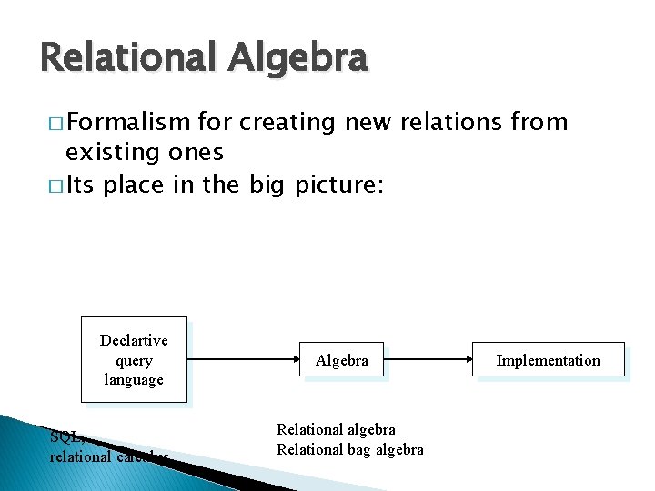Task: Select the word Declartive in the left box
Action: tap(134, 340)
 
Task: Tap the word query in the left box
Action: tap(134, 360)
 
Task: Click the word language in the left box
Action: tap(134, 379)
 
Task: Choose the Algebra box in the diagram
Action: tap(342, 360)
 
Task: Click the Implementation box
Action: tap(548, 360)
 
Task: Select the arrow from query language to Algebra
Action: tap(245, 360)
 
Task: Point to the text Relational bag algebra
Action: tap(349, 449)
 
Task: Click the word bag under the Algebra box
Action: tap(359, 449)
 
